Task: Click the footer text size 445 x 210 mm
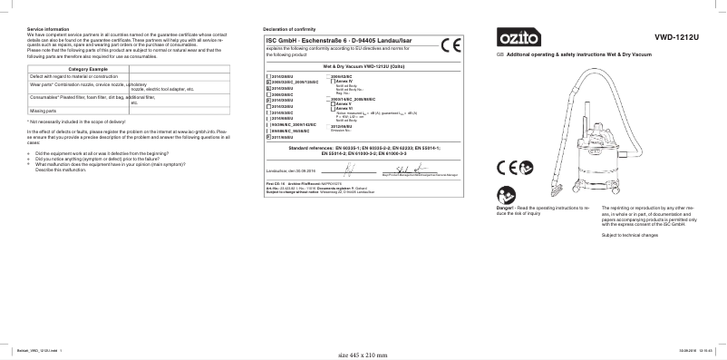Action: click(x=362, y=355)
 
